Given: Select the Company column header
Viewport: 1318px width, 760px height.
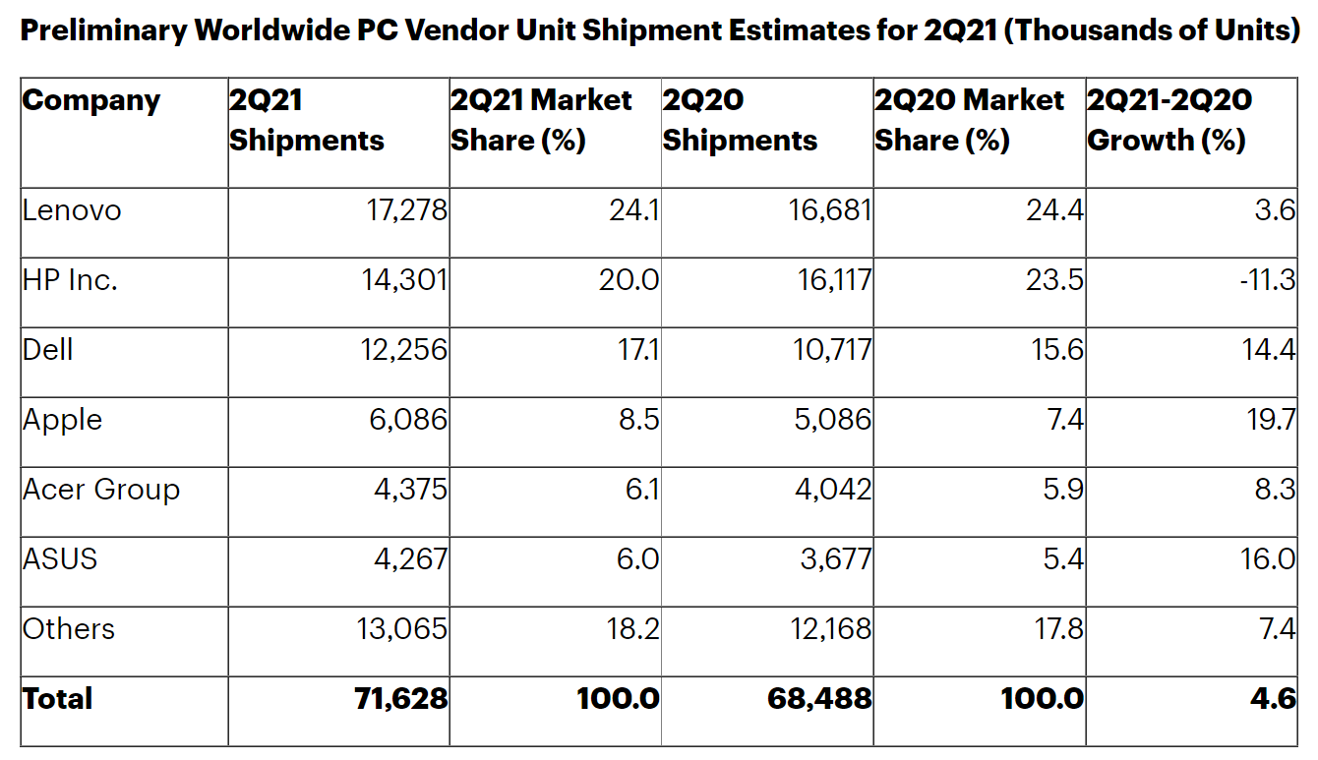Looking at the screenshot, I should [90, 100].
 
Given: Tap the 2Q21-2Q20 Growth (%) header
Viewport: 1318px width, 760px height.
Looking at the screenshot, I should [1168, 120].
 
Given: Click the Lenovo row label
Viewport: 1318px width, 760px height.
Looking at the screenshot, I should [72, 210].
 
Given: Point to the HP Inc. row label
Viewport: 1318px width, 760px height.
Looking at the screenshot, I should [70, 280].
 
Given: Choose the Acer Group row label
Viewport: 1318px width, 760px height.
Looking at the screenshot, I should [101, 490].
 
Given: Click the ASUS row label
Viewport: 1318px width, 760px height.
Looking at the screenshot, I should [60, 559].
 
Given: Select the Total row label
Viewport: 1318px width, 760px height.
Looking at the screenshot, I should [57, 699].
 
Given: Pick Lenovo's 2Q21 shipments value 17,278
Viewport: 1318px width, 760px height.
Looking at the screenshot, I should [404, 210].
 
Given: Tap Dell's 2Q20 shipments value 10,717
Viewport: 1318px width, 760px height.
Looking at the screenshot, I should [832, 350].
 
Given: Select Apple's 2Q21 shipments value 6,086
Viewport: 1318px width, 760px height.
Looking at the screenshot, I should [410, 420].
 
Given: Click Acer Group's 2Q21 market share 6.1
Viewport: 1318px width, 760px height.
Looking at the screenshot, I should [642, 490].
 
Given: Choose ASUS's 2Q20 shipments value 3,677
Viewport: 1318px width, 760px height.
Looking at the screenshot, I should [835, 559].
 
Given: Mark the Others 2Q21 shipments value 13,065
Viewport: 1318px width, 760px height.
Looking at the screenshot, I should [403, 629].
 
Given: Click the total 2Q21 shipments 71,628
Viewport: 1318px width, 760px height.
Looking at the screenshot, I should [401, 699].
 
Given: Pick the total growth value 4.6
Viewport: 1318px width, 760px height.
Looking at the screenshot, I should [1275, 699].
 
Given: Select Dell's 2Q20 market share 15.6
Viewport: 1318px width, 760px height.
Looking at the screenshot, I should [1055, 350].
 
